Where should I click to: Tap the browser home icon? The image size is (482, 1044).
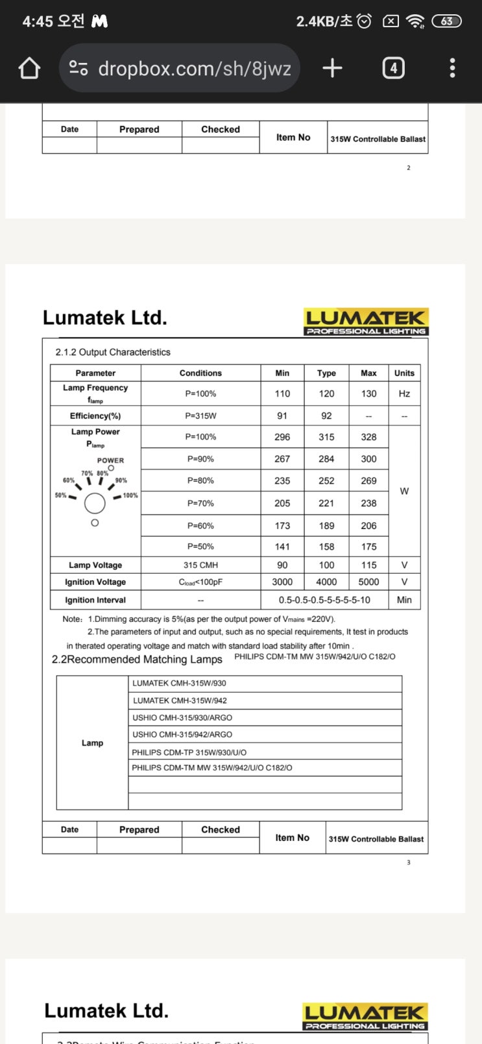point(29,68)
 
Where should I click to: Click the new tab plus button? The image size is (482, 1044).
point(332,68)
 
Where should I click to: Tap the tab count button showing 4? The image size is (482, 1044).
point(393,68)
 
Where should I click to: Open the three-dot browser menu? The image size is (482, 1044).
point(452,68)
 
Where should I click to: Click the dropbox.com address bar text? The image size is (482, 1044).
point(194,69)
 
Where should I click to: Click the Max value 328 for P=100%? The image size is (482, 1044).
point(368,437)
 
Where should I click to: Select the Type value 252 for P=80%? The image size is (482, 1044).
point(326,480)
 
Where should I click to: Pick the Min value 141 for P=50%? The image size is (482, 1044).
point(282,547)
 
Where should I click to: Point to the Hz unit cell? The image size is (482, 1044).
point(404,394)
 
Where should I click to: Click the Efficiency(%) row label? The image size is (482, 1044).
point(95,416)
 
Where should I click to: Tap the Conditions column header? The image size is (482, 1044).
point(200,373)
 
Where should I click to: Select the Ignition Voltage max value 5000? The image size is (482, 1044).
point(368,582)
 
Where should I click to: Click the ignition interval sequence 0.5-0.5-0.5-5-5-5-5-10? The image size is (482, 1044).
point(324,600)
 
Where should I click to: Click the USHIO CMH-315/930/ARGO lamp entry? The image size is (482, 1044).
point(182,718)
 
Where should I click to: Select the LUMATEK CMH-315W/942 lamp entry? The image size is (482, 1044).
point(180,700)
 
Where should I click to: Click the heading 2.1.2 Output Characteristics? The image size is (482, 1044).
point(113,352)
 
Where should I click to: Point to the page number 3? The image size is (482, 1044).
point(409,862)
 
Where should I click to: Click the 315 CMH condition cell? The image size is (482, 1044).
point(200,565)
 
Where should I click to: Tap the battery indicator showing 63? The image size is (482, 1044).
point(446,21)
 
